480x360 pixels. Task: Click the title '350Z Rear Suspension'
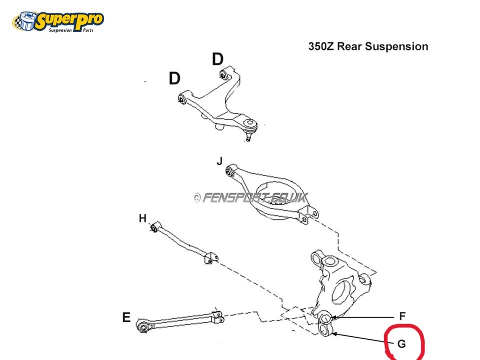coord(368,46)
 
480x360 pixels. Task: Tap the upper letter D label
coord(217,59)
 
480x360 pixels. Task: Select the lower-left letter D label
coord(174,78)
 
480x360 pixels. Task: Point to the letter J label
coord(219,161)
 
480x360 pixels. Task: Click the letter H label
coord(142,218)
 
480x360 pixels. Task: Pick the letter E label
coord(126,317)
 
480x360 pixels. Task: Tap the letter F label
coord(402,316)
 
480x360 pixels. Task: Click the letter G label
coord(401,344)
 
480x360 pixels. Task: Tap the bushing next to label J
coord(231,171)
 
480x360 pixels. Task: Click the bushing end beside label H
coord(155,228)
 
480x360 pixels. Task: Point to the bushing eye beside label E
coord(143,326)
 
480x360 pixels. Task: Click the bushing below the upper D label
coord(224,75)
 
